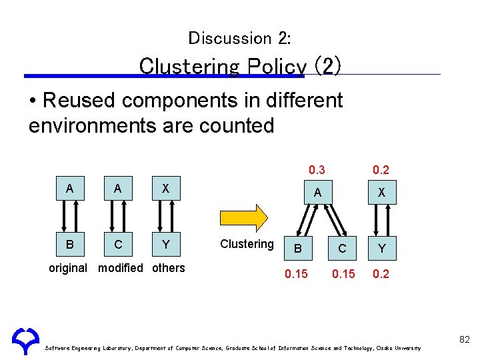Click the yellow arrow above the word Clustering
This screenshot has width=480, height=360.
(x=243, y=217)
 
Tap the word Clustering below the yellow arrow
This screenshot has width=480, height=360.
(x=247, y=244)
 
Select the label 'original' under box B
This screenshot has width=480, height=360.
(x=68, y=268)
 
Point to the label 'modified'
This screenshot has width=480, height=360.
(x=121, y=268)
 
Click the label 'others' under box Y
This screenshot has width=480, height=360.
(x=169, y=268)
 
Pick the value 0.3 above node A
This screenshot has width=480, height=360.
(x=317, y=170)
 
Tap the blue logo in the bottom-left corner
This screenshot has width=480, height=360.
(x=26, y=341)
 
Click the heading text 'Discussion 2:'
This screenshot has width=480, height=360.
(x=239, y=38)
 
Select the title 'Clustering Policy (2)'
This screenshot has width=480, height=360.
(x=241, y=66)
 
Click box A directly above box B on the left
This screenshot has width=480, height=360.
(x=69, y=189)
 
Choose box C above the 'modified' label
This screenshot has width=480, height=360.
(x=118, y=245)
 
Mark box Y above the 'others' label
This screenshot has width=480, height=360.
(x=166, y=245)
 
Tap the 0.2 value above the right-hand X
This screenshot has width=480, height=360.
(x=381, y=170)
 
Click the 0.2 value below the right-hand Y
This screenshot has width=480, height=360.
(x=381, y=275)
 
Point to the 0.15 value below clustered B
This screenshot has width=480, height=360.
(x=297, y=275)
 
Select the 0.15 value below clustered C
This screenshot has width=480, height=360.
(x=343, y=275)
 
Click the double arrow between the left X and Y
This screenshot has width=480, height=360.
(x=160, y=217)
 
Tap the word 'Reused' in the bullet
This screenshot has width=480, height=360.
(x=79, y=101)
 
